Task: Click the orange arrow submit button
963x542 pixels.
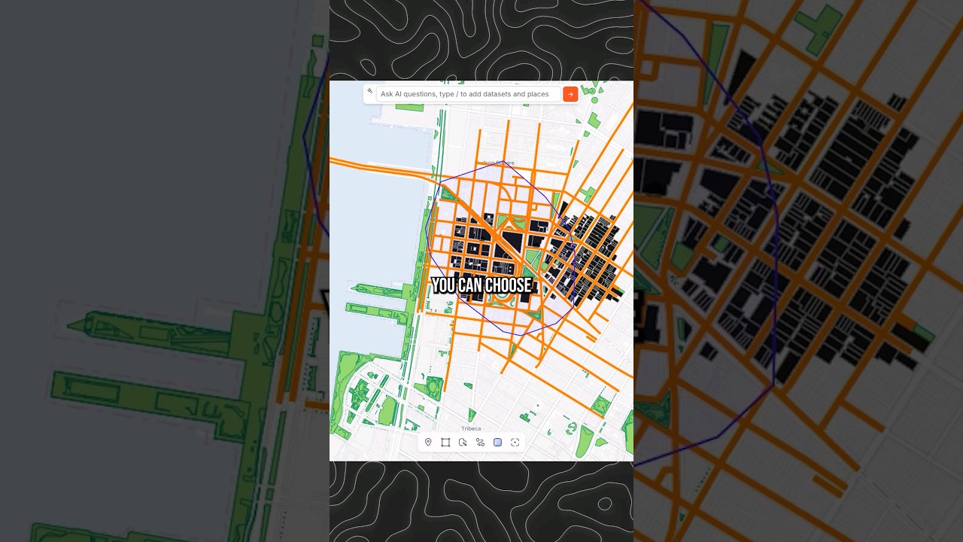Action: pyautogui.click(x=570, y=94)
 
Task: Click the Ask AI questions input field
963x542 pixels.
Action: pyautogui.click(x=466, y=94)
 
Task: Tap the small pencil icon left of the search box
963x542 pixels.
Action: pyautogui.click(x=369, y=92)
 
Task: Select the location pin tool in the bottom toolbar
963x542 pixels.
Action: pyautogui.click(x=428, y=443)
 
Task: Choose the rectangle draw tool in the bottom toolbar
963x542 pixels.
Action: pyautogui.click(x=445, y=443)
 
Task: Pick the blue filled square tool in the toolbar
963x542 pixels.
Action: pyautogui.click(x=497, y=443)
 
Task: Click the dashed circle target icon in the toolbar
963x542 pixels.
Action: pyautogui.click(x=515, y=443)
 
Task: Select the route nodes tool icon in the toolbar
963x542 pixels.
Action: pyautogui.click(x=480, y=443)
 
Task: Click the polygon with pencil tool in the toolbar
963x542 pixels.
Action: pyautogui.click(x=463, y=443)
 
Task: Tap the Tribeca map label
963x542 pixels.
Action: pyautogui.click(x=471, y=429)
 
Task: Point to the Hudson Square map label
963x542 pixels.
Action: pyautogui.click(x=497, y=163)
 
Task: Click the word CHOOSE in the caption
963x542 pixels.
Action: pyautogui.click(x=507, y=285)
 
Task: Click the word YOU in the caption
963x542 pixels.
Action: pyautogui.click(x=443, y=285)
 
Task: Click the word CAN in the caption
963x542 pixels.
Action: pyautogui.click(x=470, y=285)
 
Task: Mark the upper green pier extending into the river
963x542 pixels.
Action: pyautogui.click(x=380, y=290)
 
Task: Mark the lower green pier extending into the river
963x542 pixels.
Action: pyautogui.click(x=376, y=310)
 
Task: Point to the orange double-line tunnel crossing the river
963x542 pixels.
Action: pyautogui.click(x=376, y=167)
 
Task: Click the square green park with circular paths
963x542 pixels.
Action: pyautogui.click(x=434, y=388)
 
